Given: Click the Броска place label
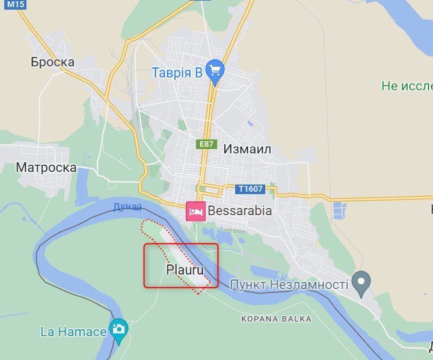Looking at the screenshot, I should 53,62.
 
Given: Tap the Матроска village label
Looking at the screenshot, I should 46,167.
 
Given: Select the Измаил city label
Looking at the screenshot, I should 248,148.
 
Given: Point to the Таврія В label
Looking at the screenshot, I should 176,73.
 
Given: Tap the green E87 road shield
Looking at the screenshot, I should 206,144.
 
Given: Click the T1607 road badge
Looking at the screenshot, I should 250,189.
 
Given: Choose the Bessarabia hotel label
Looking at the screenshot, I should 240,211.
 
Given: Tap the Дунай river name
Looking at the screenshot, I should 127,207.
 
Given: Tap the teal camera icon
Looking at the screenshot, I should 118,329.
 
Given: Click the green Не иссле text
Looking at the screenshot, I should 407,86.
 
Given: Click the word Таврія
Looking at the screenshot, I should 169,73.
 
